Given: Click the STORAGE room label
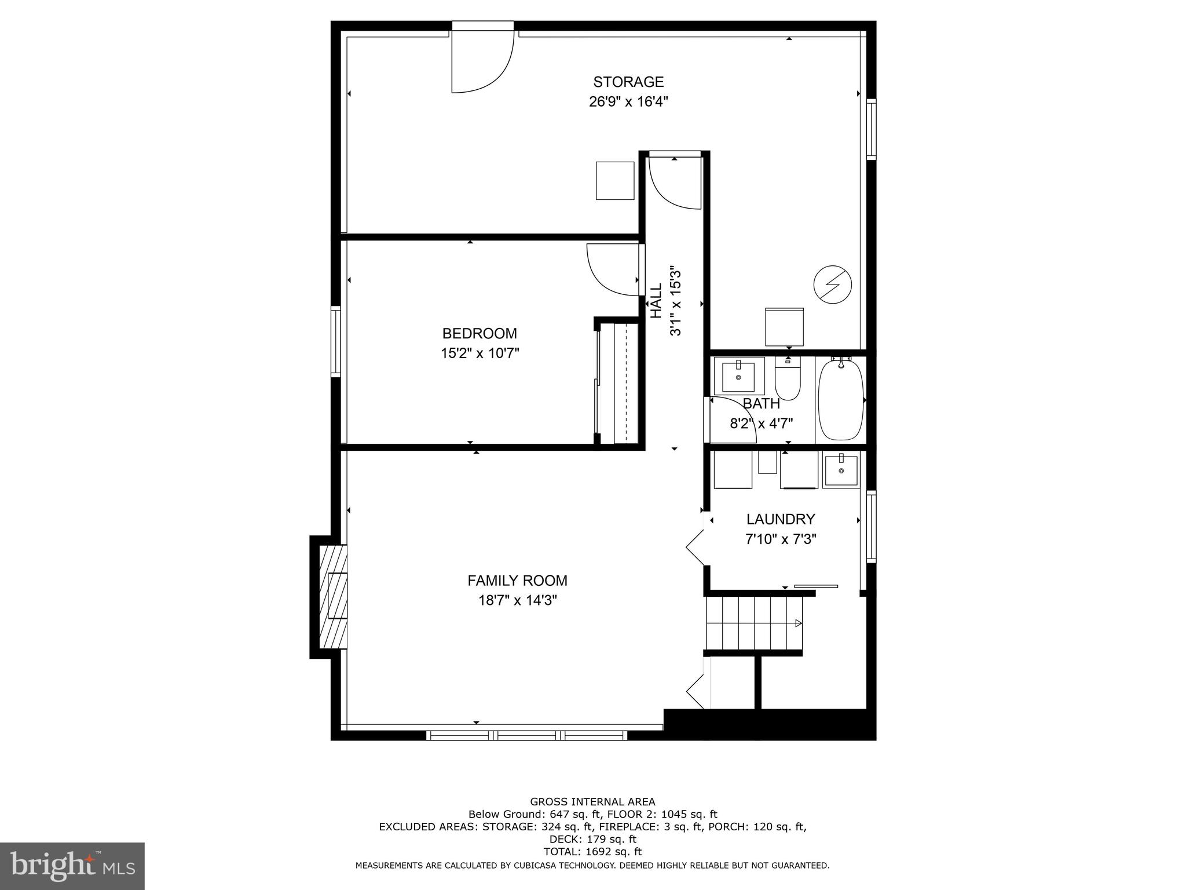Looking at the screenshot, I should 628,82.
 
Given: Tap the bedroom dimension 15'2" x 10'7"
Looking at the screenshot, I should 479,353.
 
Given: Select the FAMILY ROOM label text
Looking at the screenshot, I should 517,580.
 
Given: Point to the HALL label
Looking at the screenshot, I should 656,301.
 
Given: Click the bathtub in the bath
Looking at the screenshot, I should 840,400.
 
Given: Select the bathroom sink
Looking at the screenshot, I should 738,376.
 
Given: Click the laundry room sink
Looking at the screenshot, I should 840,470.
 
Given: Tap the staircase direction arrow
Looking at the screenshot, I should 797,623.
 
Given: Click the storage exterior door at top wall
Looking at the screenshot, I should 482,58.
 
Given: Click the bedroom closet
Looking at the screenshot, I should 618,382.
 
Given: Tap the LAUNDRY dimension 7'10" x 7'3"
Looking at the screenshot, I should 780,539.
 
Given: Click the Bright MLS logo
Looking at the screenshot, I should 72,866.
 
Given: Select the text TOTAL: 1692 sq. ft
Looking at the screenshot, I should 592,851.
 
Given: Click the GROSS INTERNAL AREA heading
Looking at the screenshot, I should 592,802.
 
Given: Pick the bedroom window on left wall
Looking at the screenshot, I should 336,341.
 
